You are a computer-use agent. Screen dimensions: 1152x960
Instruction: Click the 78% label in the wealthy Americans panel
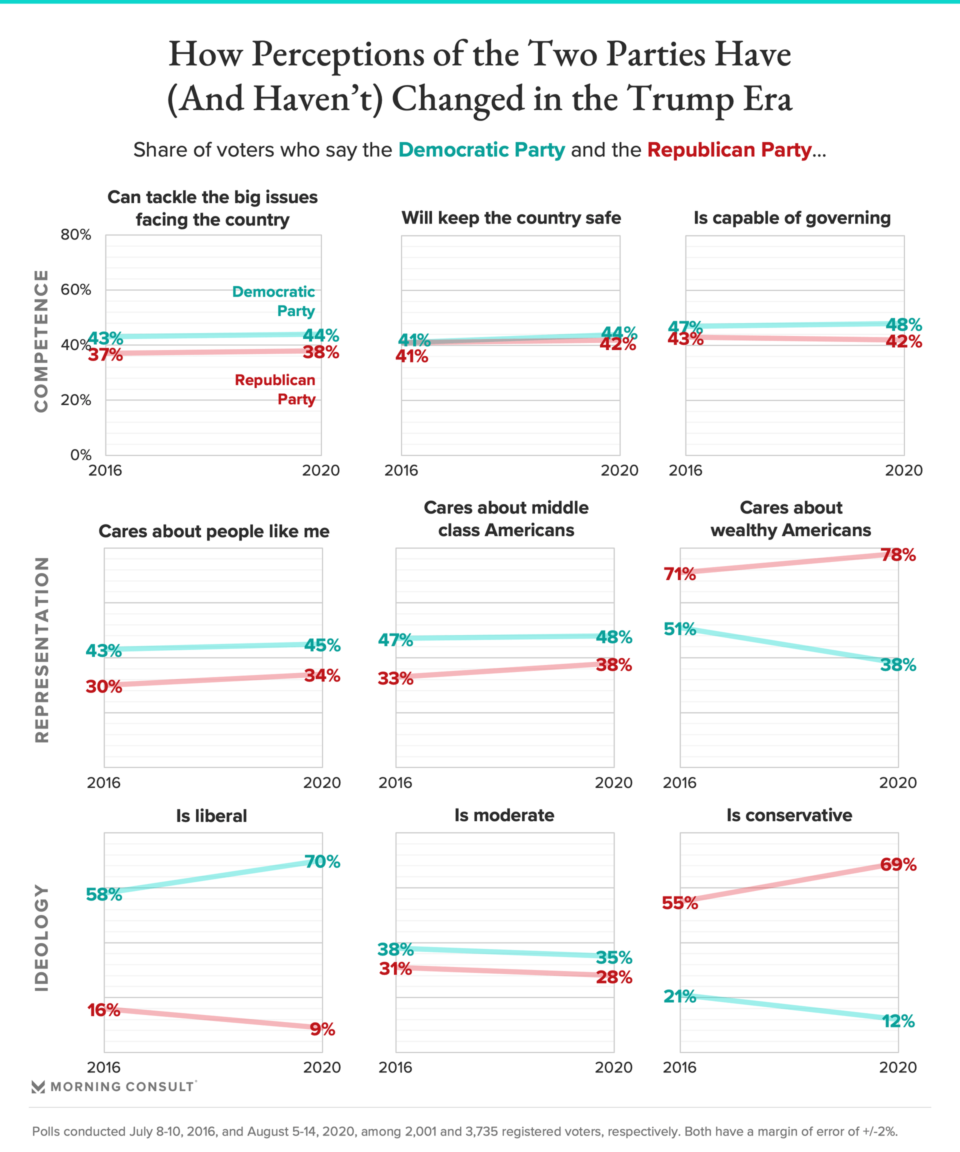pos(898,555)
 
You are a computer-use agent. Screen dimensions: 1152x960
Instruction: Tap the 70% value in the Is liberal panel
pos(322,862)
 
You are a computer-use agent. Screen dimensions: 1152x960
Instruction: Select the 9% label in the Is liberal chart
pos(322,1029)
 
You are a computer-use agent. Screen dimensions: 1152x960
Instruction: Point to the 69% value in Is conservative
pos(898,865)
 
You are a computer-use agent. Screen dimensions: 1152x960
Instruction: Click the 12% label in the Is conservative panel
pos(898,1021)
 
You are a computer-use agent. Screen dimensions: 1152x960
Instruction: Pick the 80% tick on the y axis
pos(75,235)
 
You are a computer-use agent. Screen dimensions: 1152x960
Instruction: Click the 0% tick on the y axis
pos(80,455)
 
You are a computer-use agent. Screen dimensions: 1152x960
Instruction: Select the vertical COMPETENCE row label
pos(41,340)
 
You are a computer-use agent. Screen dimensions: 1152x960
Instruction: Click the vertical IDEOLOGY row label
pos(41,937)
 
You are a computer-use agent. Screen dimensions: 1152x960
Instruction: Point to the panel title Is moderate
pos(504,815)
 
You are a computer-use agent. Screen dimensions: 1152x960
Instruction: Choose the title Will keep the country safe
pos(511,218)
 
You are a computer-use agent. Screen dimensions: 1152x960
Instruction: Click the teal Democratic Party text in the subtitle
pos(481,150)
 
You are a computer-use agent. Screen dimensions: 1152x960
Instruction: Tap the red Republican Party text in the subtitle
pos(729,150)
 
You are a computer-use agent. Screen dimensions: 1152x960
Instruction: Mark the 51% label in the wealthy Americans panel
pos(679,629)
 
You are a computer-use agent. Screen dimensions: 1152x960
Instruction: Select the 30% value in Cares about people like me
pos(103,686)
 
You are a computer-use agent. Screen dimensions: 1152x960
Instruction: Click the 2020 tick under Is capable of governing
pos(903,470)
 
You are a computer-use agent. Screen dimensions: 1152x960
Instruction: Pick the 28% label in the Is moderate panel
pos(614,977)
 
